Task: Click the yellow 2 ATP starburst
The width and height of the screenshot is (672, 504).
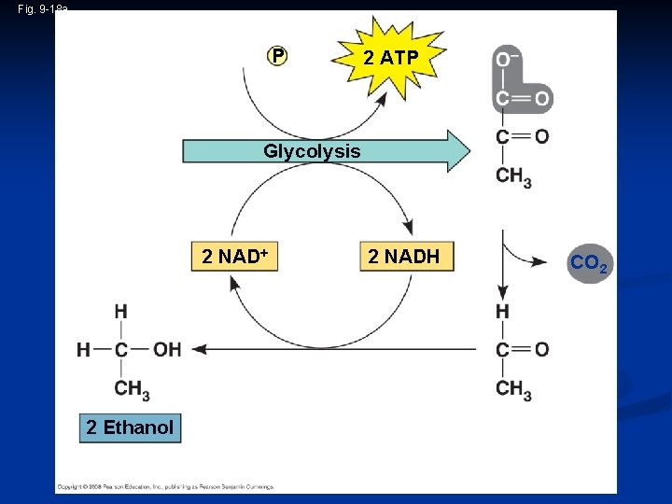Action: (x=391, y=58)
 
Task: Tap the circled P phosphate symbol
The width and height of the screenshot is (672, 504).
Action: (x=277, y=57)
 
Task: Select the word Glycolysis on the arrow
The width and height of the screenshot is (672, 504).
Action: (x=312, y=151)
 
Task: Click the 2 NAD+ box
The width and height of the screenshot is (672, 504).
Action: (x=235, y=257)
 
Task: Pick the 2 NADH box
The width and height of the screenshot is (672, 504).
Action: (x=403, y=257)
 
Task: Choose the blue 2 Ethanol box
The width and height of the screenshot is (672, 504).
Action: (x=130, y=427)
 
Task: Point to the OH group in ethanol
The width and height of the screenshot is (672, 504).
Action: (x=167, y=350)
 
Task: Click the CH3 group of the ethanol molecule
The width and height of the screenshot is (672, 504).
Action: (x=133, y=389)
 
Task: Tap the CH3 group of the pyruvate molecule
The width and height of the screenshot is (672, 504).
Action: (x=513, y=176)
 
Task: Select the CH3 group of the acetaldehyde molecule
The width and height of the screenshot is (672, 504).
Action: (x=513, y=389)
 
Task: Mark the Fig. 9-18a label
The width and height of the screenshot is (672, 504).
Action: (x=43, y=8)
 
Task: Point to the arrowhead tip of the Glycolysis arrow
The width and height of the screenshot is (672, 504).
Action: (x=471, y=151)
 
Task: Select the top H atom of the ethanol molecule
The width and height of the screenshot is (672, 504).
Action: (x=120, y=311)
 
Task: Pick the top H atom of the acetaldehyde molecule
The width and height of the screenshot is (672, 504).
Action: (x=503, y=311)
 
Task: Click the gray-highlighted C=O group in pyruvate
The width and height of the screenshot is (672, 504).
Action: (x=522, y=98)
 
